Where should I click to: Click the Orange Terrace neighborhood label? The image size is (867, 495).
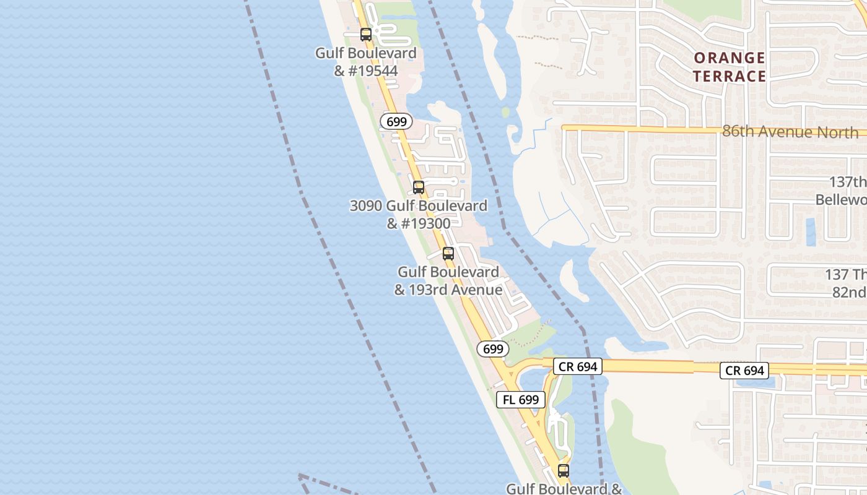tap(730, 67)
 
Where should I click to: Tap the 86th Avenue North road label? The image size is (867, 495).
tap(790, 132)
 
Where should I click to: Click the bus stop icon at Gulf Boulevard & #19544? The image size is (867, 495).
tap(366, 35)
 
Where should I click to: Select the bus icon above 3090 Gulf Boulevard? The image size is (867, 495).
tap(419, 187)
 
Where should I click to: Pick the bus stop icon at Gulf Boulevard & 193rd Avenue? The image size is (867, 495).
tap(448, 254)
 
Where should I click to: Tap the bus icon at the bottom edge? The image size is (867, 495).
tap(563, 471)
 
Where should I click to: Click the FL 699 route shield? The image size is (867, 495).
tap(520, 400)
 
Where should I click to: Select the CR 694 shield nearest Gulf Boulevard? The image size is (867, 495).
tap(578, 367)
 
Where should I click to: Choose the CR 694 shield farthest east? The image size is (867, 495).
tap(744, 371)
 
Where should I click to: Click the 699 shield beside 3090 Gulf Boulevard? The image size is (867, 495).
tap(396, 122)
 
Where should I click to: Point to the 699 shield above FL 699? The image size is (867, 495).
tap(493, 349)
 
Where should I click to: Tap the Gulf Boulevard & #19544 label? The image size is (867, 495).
tap(366, 62)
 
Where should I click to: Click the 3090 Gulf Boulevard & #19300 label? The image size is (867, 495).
tap(419, 214)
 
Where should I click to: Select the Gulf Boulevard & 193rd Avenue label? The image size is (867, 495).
tap(448, 280)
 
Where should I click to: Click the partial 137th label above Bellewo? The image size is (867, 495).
tap(848, 182)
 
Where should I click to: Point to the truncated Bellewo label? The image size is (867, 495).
tap(841, 200)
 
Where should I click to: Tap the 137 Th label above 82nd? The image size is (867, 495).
tap(846, 275)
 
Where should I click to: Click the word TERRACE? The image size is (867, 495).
tap(730, 76)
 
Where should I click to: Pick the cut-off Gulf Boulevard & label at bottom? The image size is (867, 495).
tap(564, 489)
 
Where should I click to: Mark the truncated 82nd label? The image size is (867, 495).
tap(849, 292)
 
